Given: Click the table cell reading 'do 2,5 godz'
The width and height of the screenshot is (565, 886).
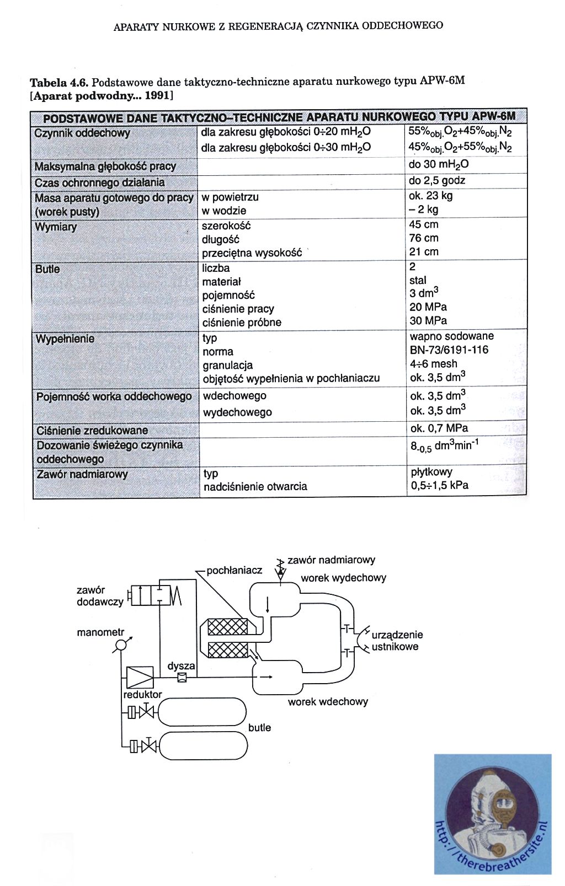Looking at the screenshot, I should coord(437,180).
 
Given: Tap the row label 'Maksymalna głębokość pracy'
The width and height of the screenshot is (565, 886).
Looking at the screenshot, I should coord(105,167).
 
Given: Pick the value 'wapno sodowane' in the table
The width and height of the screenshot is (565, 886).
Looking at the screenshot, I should coord(451,336).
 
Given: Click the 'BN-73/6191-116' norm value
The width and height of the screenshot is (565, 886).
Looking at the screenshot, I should coord(449,350).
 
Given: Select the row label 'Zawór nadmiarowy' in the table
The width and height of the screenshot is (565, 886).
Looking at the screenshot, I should coord(81,474).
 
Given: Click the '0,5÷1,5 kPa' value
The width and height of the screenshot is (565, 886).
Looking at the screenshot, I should coord(439,486).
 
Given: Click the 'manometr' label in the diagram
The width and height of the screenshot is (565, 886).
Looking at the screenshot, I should coord(100,632).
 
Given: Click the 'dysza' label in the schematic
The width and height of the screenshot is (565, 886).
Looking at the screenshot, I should coord(181,666).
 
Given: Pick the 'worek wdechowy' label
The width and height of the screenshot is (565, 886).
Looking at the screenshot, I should coord(328,702).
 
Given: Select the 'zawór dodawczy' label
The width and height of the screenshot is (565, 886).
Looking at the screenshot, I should coord(99,596).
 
